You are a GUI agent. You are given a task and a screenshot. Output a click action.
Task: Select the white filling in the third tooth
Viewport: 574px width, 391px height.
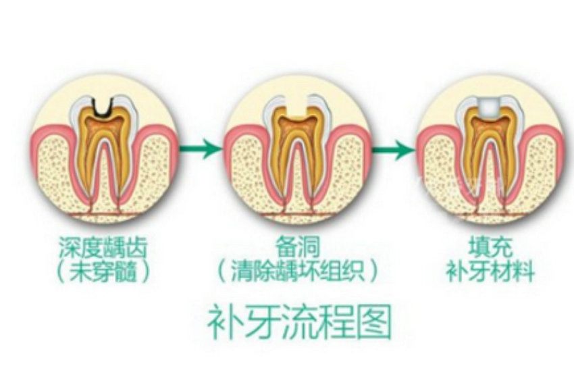click(490, 108)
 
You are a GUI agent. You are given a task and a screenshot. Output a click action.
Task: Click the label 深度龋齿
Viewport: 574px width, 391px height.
click(103, 246)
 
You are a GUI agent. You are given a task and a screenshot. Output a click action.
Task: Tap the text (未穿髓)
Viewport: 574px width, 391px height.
click(103, 273)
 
